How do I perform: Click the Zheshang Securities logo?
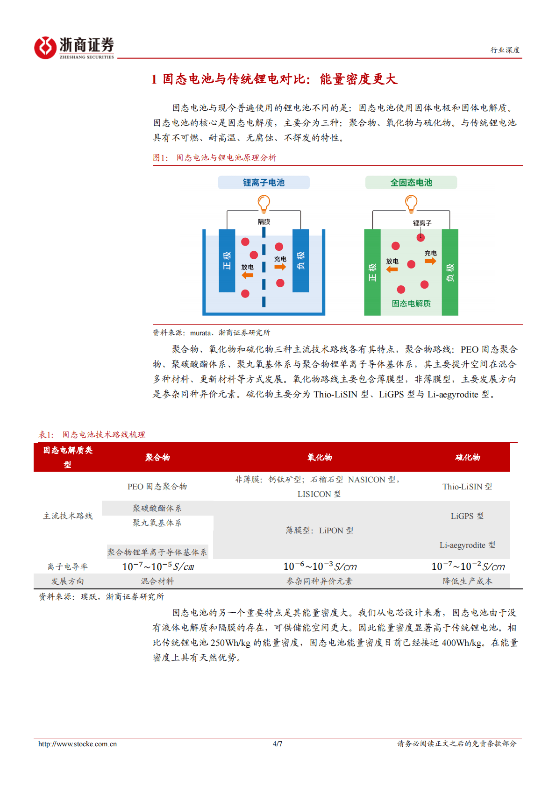coord(74,47)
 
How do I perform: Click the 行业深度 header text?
coord(505,50)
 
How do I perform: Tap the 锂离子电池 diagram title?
coord(264,183)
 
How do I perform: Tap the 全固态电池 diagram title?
coord(411,183)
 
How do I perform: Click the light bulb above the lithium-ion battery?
coord(264,203)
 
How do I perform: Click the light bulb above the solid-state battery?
coord(411,203)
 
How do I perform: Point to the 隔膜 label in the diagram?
coord(264,222)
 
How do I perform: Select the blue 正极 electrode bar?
coord(227,261)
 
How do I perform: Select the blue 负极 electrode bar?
coord(300,261)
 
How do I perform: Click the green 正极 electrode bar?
coord(372,272)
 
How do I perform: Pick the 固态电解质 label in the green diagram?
coord(411,304)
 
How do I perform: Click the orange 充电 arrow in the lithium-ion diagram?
coord(280,267)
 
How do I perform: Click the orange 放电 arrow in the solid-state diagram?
coord(392,269)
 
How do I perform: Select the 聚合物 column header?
coord(157,458)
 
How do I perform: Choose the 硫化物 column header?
coord(468,458)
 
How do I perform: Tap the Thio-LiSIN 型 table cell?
coord(467,487)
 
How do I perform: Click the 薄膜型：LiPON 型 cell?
coord(320,531)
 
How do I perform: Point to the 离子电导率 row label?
coord(68,566)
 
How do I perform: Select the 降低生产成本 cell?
coord(468,581)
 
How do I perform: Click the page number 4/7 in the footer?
coord(278,744)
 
